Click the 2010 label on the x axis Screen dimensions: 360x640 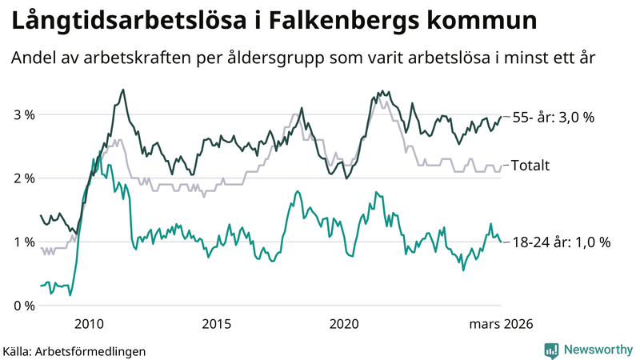pos(89,323)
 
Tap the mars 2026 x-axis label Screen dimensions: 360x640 pos(502,323)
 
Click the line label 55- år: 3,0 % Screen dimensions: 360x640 pos(565,118)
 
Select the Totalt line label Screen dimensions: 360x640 pos(530,166)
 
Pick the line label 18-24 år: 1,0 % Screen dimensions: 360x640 pos(562,242)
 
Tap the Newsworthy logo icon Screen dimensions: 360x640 pos(551,350)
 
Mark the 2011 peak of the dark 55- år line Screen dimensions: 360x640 pos(122,90)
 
